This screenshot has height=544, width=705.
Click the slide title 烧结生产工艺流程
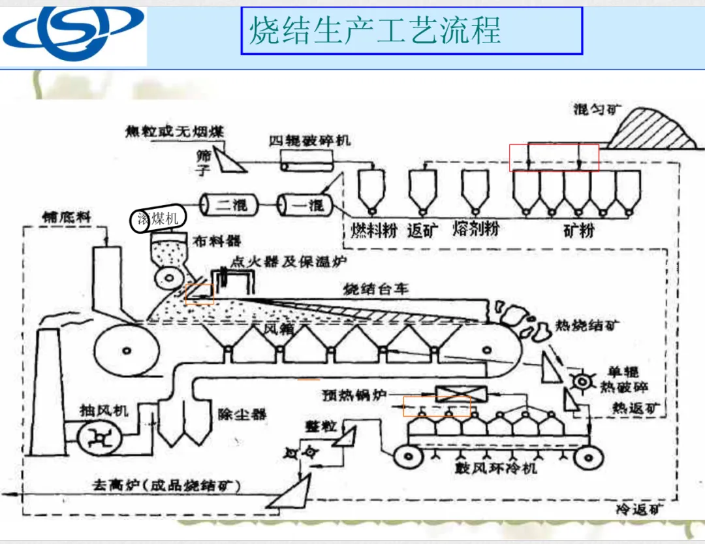coord(375,30)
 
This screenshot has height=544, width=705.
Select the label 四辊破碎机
coord(309,140)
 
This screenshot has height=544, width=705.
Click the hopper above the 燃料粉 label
coord(371,189)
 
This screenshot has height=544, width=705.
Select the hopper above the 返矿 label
coord(421,189)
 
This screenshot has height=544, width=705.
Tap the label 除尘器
coord(242,415)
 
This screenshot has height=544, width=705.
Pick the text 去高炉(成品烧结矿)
coord(166,486)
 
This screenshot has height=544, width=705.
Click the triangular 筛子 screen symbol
coord(228,158)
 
